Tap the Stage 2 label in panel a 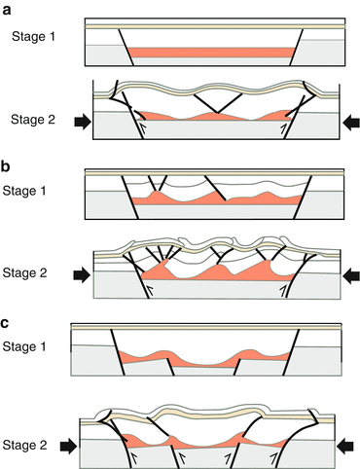[x=32, y=120]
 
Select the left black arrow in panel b [x=82, y=274]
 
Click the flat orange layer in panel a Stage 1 [x=209, y=52]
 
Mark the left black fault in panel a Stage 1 [x=124, y=45]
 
